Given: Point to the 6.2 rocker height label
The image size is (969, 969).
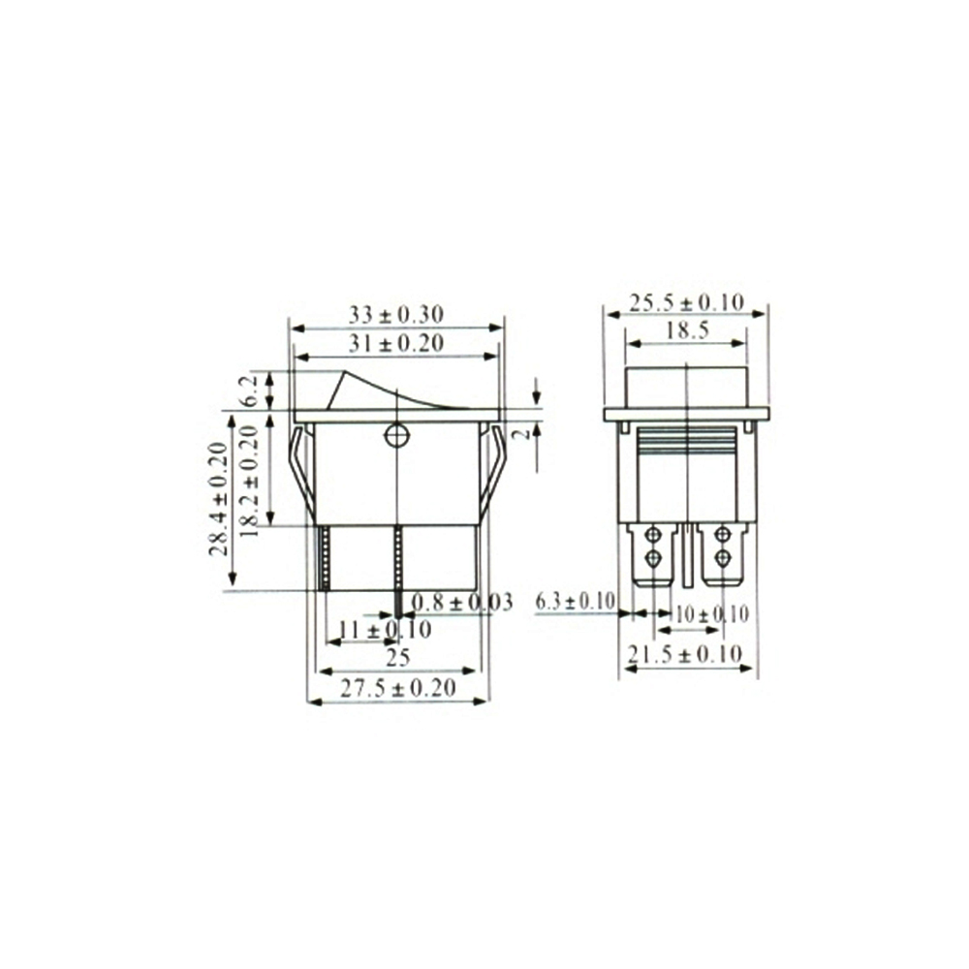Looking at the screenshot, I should [249, 390].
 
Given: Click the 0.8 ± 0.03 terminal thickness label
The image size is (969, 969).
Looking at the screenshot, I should [462, 603].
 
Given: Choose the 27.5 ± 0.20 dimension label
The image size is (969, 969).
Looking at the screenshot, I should [398, 687].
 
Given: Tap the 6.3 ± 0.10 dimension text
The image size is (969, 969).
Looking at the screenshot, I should [576, 603].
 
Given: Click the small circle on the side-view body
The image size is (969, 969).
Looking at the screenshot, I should [395, 436].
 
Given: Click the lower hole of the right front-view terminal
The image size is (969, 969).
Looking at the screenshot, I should [722, 558].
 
